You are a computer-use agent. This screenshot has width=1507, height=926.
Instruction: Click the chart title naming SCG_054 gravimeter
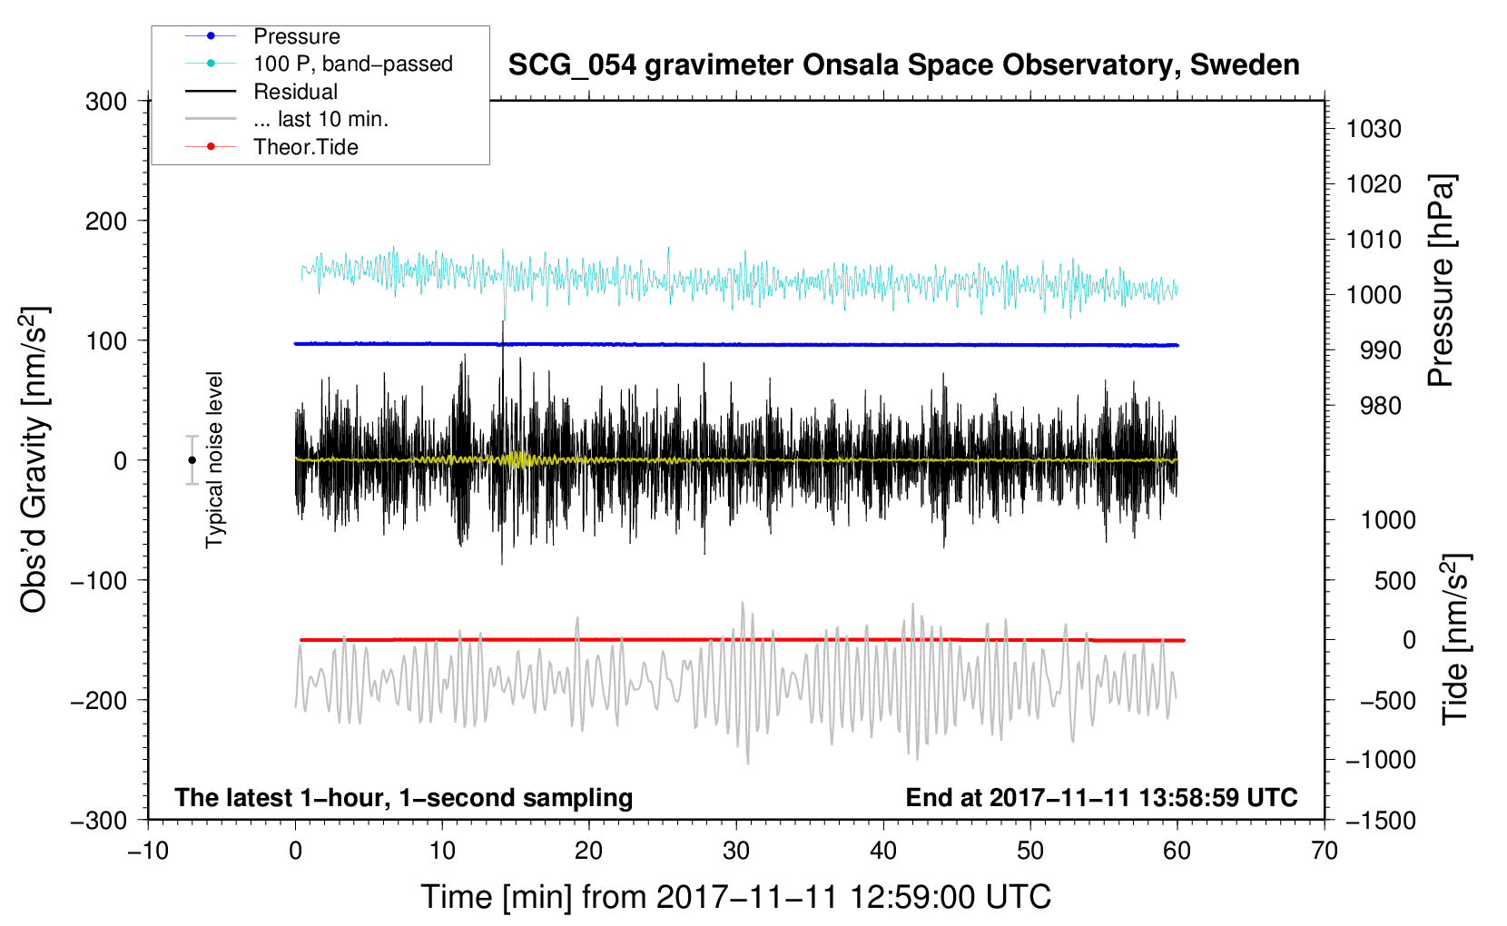pyautogui.click(x=903, y=65)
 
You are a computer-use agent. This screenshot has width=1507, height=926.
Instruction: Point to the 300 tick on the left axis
pyautogui.click(x=105, y=102)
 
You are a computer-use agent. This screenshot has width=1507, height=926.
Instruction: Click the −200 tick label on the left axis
pyautogui.click(x=99, y=701)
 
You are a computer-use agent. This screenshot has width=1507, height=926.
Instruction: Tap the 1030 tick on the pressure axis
pyautogui.click(x=1374, y=129)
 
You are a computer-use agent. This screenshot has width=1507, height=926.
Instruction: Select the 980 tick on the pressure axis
pyautogui.click(x=1380, y=406)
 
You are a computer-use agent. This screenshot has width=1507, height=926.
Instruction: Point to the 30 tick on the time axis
pyautogui.click(x=736, y=852)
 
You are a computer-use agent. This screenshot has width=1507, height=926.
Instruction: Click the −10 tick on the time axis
pyautogui.click(x=148, y=852)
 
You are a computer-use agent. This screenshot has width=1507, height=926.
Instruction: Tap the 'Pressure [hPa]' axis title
pyautogui.click(x=1441, y=281)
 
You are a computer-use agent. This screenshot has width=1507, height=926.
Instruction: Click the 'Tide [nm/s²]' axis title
pyautogui.click(x=1456, y=639)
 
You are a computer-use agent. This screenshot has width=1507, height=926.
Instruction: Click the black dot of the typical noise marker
pyautogui.click(x=192, y=460)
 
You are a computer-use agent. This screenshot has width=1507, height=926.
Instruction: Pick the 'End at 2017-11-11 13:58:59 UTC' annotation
pyautogui.click(x=1101, y=797)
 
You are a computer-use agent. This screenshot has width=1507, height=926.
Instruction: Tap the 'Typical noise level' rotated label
pyautogui.click(x=214, y=460)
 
